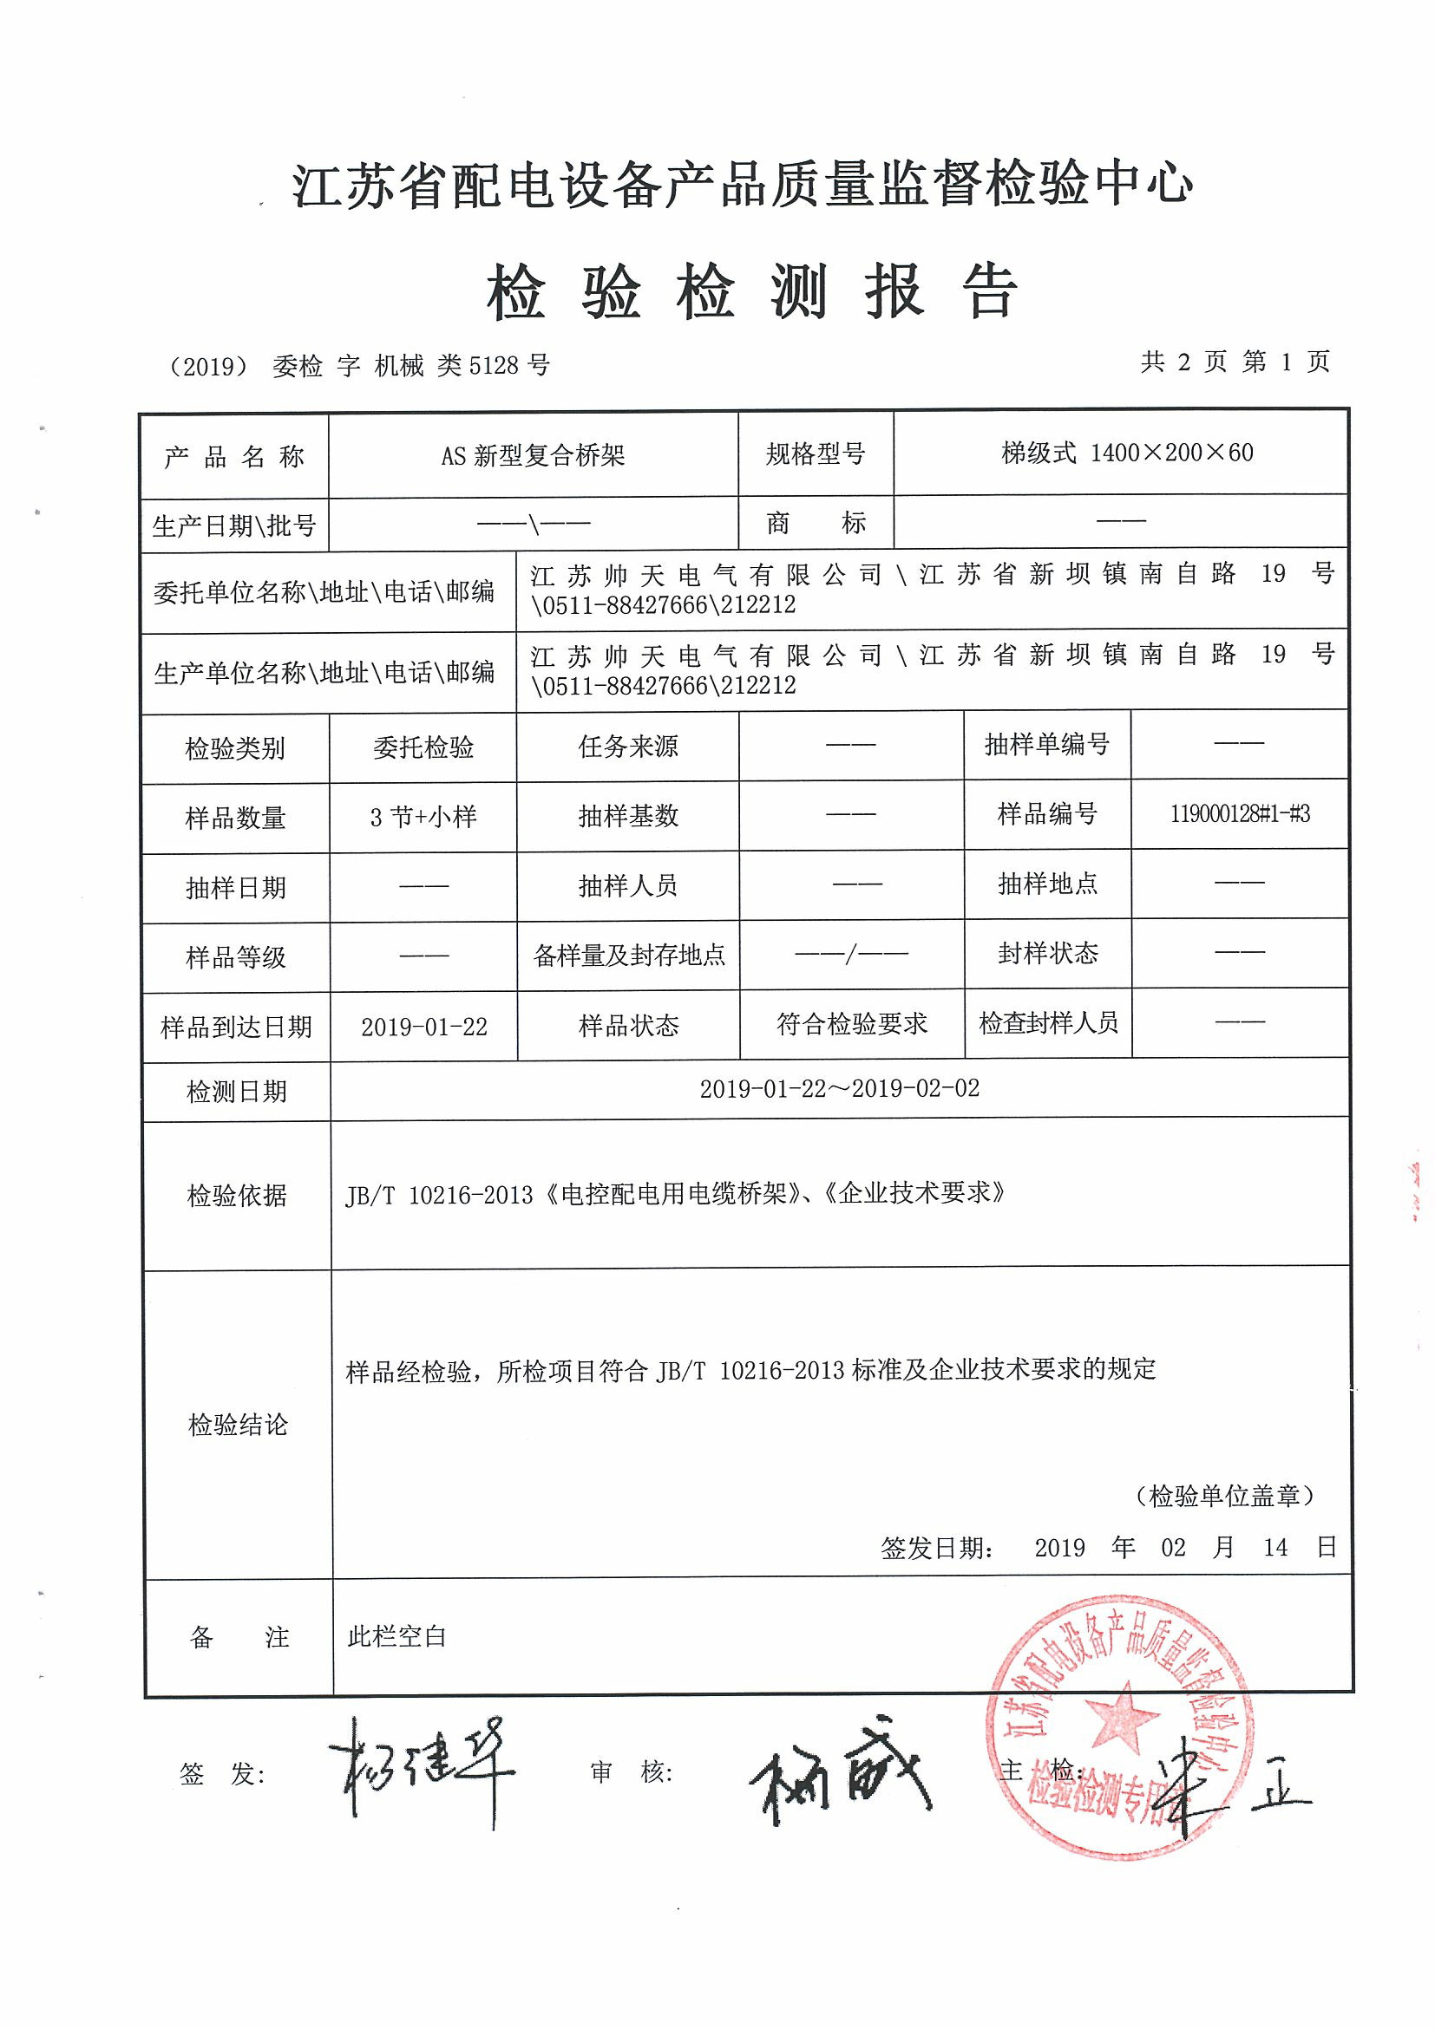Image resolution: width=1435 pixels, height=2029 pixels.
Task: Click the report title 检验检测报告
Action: (751, 290)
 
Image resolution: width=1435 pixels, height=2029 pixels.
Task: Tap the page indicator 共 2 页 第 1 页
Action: (1235, 362)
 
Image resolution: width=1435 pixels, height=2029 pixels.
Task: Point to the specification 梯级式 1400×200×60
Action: (1126, 453)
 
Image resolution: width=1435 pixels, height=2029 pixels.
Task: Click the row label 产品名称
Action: (234, 457)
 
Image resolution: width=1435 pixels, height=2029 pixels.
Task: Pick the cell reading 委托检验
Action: (423, 747)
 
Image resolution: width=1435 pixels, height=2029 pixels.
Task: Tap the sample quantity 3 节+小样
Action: (423, 817)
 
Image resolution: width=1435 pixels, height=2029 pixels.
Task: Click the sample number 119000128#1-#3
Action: (1240, 814)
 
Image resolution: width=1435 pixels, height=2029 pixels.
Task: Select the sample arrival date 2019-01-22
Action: (423, 1027)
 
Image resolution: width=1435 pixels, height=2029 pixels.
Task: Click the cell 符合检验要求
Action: (851, 1024)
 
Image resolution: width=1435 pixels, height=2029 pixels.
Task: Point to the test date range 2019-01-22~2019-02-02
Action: (839, 1089)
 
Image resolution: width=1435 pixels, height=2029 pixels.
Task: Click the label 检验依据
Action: (237, 1196)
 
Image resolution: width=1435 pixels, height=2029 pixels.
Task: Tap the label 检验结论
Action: (237, 1425)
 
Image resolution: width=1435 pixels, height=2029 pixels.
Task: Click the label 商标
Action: (816, 522)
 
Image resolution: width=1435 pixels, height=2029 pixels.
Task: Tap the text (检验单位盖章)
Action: (1224, 1495)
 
